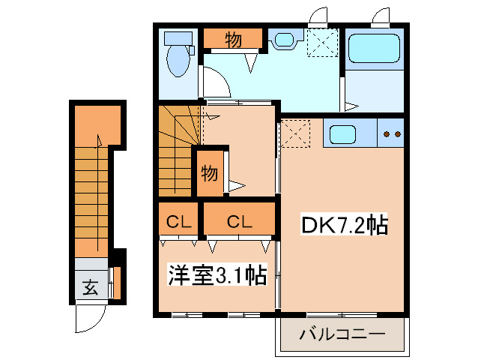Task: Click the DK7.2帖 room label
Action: coord(345,226)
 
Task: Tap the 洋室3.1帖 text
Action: coord(216,276)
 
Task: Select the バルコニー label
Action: coord(342,334)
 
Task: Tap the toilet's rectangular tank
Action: coord(178,37)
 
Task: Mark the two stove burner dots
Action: coord(391,135)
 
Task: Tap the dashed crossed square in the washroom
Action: coord(324,42)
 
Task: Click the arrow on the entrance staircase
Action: coord(97,142)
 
